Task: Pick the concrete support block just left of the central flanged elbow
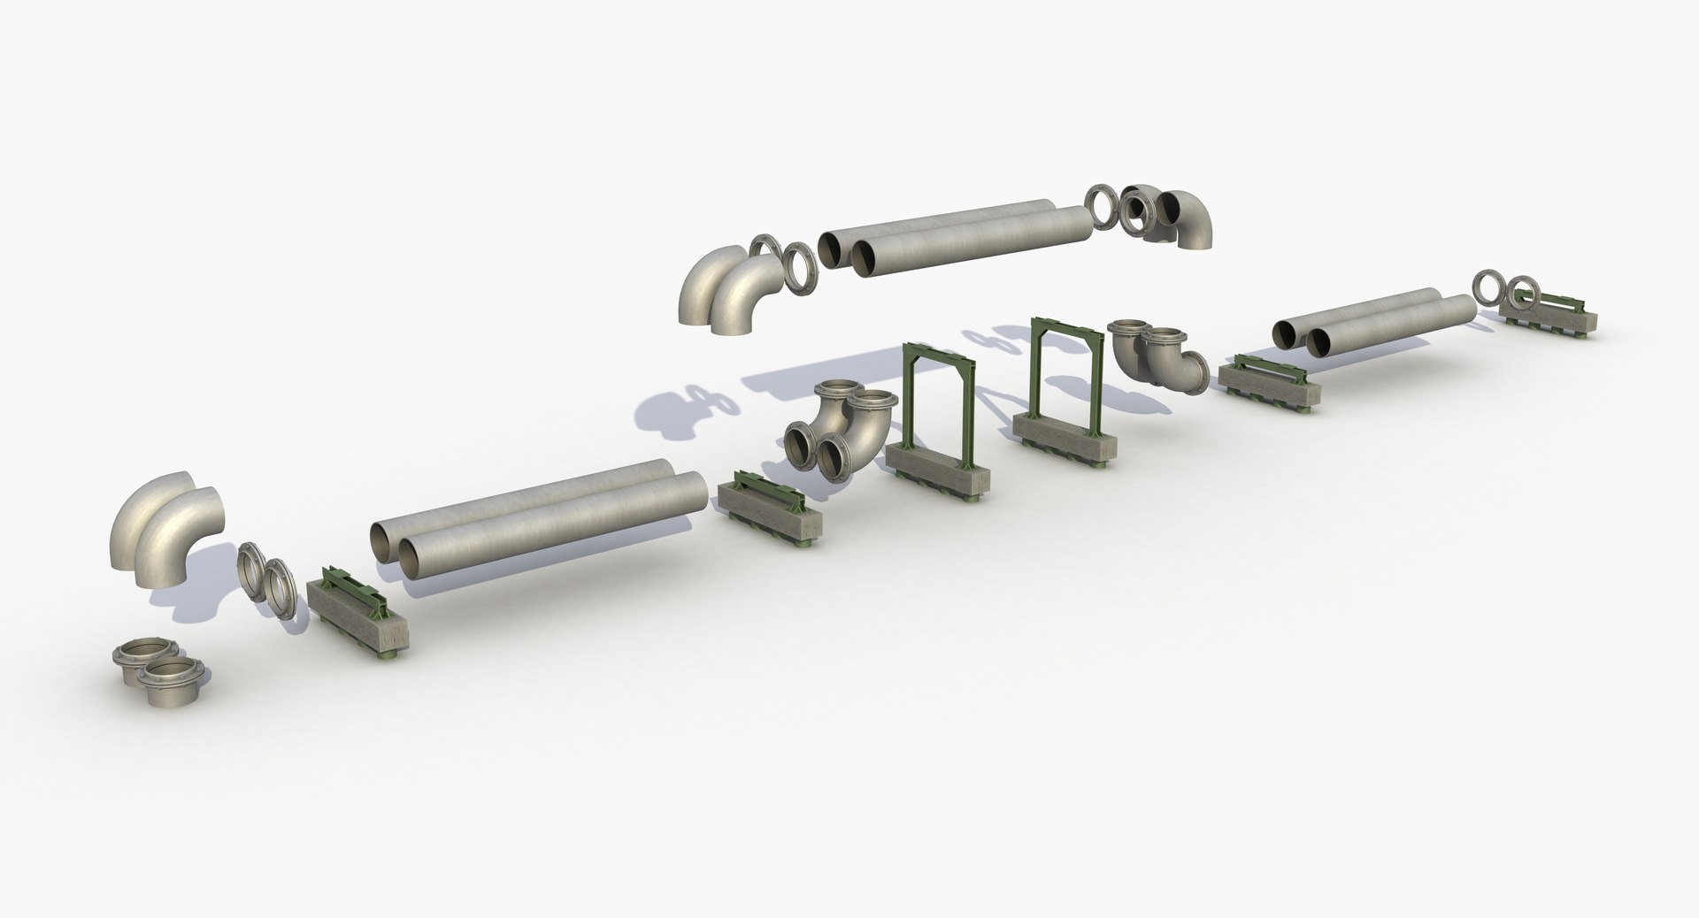click(768, 508)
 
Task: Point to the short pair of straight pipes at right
click(1372, 323)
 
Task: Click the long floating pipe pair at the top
click(956, 232)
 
